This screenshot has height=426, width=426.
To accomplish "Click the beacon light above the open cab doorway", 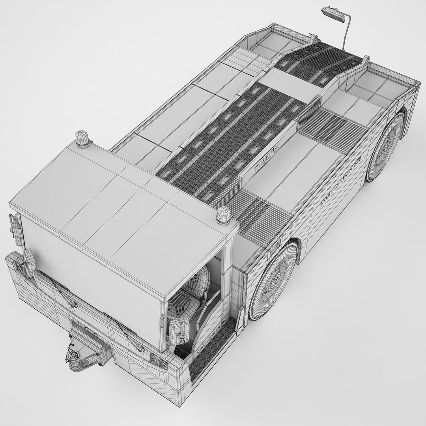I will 223,215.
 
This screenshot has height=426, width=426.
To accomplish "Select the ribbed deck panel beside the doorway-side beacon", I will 258,213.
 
